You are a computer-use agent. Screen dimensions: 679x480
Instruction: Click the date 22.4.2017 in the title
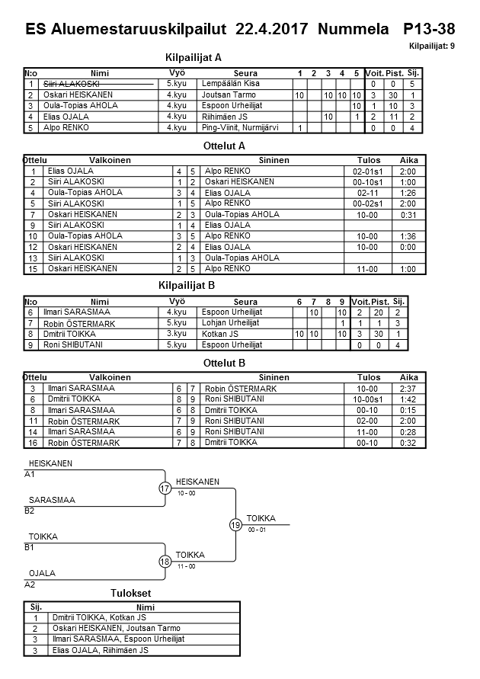[271, 30]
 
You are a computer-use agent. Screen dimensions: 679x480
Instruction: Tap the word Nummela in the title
[351, 30]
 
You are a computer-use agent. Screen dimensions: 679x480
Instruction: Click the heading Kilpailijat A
[193, 57]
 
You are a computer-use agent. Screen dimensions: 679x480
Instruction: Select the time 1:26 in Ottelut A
[408, 193]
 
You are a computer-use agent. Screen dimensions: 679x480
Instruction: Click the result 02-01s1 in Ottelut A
[368, 171]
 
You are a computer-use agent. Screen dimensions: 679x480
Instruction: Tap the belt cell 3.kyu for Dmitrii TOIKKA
[176, 333]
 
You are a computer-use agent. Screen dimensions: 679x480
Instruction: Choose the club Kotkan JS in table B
[221, 333]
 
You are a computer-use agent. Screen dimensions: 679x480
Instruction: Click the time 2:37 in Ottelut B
[408, 388]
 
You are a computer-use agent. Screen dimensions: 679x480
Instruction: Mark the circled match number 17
[165, 488]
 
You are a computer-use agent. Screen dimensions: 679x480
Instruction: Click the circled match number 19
[235, 524]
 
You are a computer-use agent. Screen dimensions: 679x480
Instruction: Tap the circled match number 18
[165, 562]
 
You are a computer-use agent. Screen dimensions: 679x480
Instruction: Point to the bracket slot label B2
[30, 511]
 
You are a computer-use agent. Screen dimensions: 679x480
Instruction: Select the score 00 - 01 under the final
[257, 530]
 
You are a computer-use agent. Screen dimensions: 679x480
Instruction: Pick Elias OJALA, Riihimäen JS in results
[98, 651]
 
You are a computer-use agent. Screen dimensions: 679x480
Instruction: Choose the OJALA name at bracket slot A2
[41, 573]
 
